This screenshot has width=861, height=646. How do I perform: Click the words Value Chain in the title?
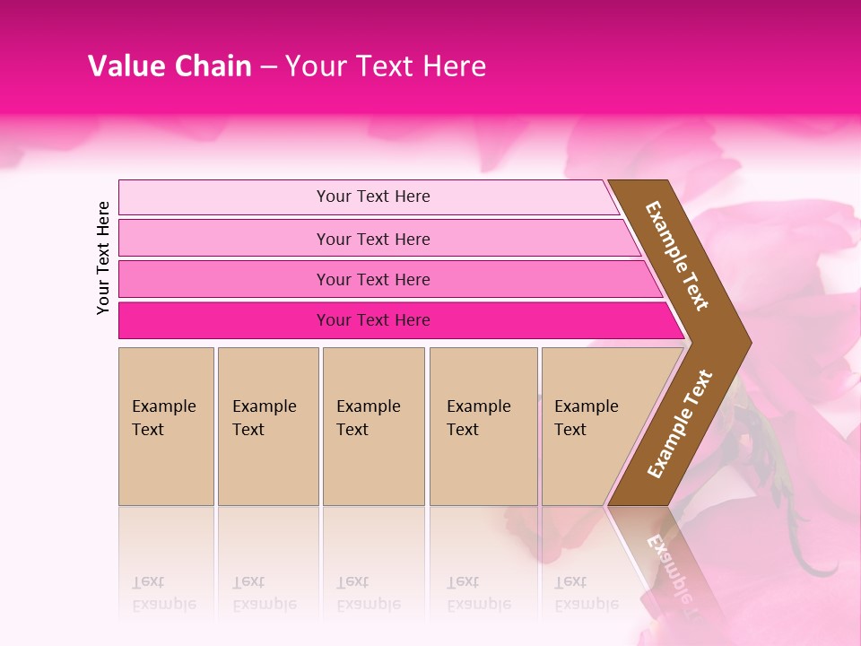coord(170,66)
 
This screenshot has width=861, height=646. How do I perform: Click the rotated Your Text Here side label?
coord(103,258)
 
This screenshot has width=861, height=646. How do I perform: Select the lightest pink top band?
coord(215,197)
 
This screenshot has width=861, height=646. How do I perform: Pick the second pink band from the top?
coord(215,239)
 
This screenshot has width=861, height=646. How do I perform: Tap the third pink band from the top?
coord(215,279)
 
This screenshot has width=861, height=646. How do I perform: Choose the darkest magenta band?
coord(215,320)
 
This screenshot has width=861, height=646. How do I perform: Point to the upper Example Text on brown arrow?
coord(677,256)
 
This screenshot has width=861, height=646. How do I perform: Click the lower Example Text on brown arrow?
coord(680,423)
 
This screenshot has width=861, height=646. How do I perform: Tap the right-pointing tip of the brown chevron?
coord(746,343)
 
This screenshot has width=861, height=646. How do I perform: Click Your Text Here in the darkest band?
coord(373,320)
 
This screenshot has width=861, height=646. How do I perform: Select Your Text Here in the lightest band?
coord(373,196)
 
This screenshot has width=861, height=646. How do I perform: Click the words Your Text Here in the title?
coord(386,66)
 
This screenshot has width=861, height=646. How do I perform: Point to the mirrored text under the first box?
coord(164,593)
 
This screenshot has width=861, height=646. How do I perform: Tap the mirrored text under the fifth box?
coord(587,593)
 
